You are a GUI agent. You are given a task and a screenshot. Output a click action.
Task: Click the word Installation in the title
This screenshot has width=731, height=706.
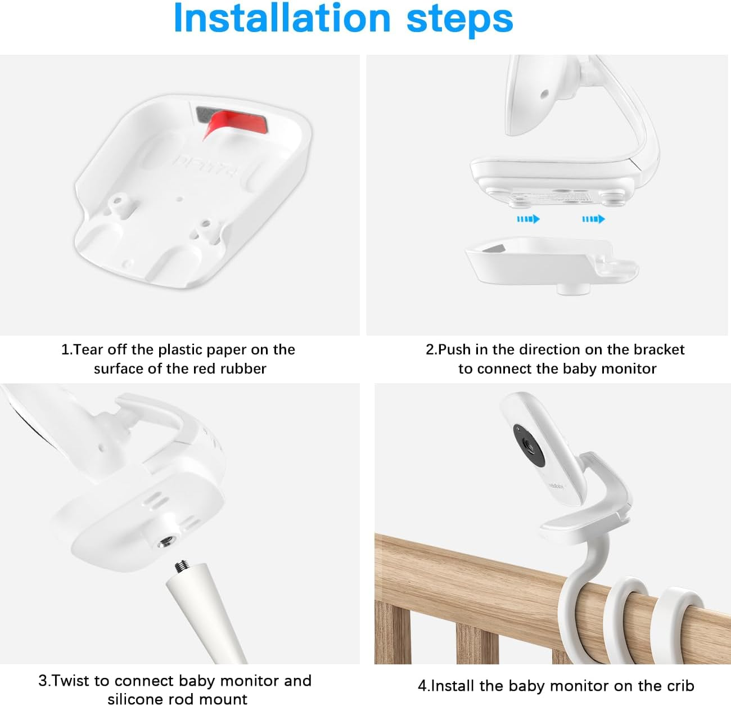coord(281,19)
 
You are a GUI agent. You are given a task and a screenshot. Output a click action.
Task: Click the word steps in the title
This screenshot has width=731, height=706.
coord(459,19)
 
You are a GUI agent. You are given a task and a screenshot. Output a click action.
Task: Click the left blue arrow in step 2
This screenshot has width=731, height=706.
coord(528,219)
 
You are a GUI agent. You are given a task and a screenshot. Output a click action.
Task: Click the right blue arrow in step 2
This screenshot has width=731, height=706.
coord(593,219)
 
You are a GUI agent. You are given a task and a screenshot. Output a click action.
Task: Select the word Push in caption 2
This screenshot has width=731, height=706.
coord(454,350)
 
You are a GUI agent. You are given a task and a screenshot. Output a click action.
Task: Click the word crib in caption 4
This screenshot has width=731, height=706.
coord(680,686)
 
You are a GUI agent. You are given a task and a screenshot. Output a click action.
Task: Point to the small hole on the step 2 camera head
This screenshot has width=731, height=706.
coord(544,95)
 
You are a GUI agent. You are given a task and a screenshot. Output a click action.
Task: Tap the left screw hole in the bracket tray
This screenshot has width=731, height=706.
coord(118,200)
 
